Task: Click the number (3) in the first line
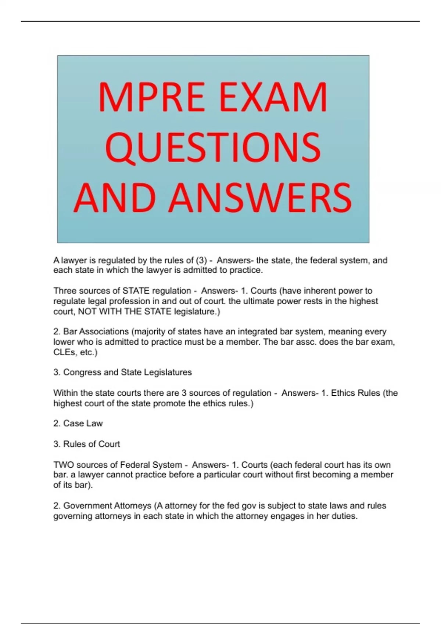[x=201, y=261]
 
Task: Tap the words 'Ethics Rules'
[x=355, y=393]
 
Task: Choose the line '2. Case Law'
[x=78, y=424]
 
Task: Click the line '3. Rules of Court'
[x=87, y=444]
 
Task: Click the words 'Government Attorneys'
[x=107, y=506]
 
